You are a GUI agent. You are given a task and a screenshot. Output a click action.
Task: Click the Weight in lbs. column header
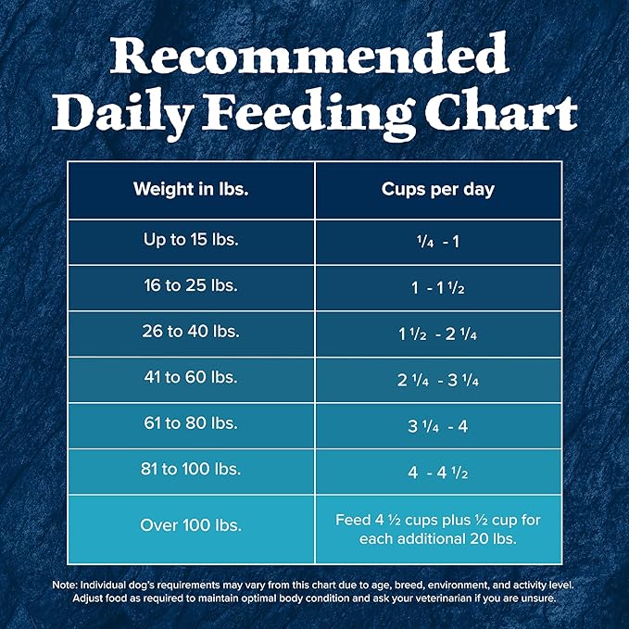click(191, 190)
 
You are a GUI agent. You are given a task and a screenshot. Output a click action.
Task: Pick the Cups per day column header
click(438, 190)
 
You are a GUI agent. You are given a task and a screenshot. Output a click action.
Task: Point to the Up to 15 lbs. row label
click(191, 241)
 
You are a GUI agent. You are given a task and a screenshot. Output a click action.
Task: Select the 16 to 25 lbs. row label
click(191, 287)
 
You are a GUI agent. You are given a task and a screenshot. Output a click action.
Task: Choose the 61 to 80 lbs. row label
click(191, 424)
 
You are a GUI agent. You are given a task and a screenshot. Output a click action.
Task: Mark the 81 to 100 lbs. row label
click(191, 470)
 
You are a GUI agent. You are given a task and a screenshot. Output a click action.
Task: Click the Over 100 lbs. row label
click(191, 525)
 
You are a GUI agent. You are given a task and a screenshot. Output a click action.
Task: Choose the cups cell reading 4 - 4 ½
click(438, 471)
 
